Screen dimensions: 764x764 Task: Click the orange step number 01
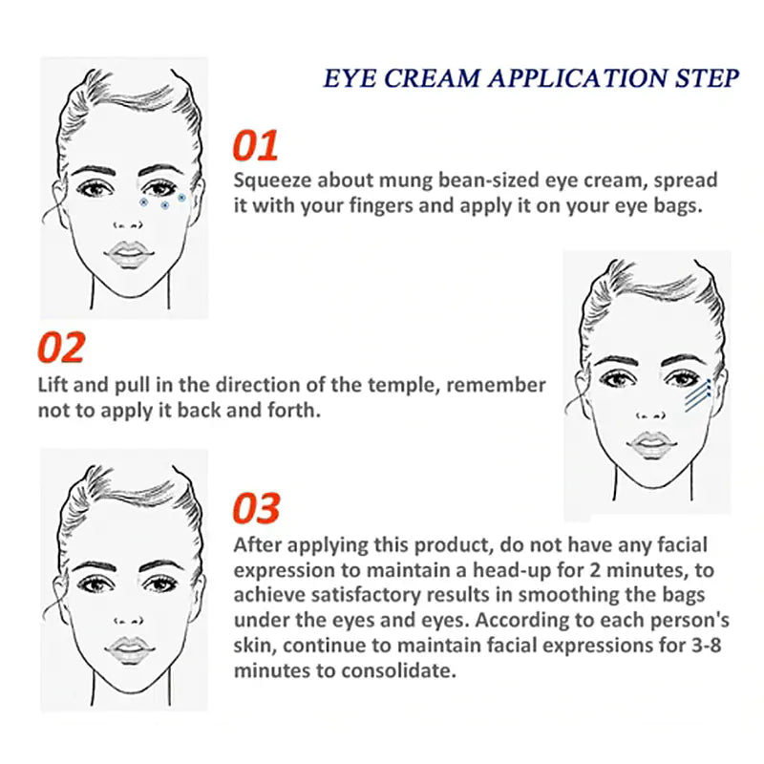(x=255, y=145)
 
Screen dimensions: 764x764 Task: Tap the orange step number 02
(x=61, y=348)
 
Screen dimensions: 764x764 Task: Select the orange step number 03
(x=256, y=508)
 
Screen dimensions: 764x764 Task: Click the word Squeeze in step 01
(x=272, y=180)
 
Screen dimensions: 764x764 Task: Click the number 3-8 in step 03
(x=706, y=646)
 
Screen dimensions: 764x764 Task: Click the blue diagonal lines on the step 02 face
(x=698, y=395)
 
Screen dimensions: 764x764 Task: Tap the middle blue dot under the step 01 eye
(x=164, y=205)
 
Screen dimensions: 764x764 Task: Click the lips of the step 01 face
(x=129, y=254)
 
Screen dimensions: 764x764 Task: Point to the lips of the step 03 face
(x=129, y=650)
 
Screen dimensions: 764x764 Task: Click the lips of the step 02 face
(x=651, y=445)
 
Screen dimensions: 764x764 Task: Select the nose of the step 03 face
(x=128, y=621)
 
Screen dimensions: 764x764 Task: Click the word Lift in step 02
(x=53, y=385)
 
